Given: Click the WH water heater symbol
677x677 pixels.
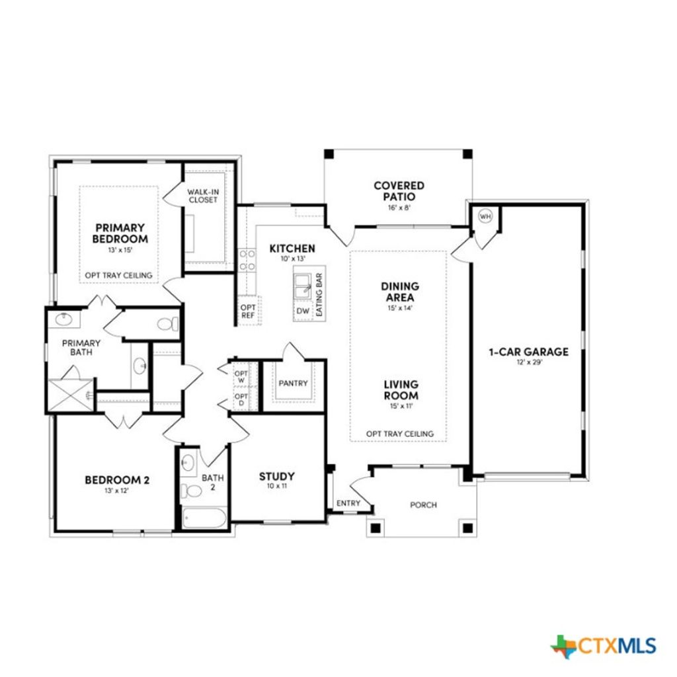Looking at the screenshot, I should click(485, 216).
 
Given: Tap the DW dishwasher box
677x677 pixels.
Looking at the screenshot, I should click(303, 311).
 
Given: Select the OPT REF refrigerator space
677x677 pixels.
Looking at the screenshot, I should click(248, 311).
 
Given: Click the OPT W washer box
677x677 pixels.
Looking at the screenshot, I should click(241, 377).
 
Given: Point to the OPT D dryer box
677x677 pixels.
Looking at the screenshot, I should click(241, 399).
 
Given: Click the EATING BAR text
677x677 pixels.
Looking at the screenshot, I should click(319, 296).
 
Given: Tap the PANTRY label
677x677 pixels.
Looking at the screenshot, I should click(293, 383).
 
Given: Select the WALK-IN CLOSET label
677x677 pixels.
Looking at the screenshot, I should click(202, 196).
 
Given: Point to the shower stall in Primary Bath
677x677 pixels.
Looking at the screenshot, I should click(69, 395).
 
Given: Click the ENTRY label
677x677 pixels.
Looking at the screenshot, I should click(348, 504).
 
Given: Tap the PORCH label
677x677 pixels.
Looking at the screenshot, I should click(423, 505).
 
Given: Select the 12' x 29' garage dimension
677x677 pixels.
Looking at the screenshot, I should click(529, 362).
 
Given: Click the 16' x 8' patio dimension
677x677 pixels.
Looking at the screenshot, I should click(399, 207).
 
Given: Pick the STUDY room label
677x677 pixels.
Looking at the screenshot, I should click(276, 476).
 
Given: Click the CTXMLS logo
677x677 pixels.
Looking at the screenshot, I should click(604, 645).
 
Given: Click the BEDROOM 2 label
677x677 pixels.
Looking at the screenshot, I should click(117, 479).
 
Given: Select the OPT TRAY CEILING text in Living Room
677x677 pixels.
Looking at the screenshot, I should click(400, 434).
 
